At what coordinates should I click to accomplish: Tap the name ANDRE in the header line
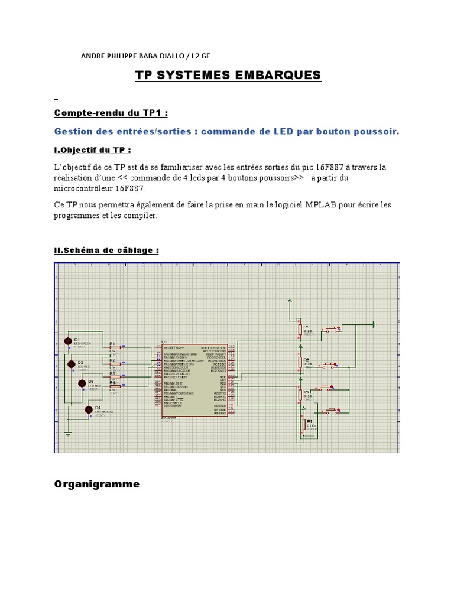(x=93, y=56)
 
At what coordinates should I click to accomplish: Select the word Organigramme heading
(x=97, y=484)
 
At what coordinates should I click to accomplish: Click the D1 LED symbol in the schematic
(x=67, y=341)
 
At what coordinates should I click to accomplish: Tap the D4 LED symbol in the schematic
(x=89, y=409)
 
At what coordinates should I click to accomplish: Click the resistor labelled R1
(x=115, y=347)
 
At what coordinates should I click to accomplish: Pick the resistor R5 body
(x=300, y=329)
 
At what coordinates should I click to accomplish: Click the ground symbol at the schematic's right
(x=374, y=323)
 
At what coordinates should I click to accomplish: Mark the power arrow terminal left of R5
(x=290, y=302)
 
